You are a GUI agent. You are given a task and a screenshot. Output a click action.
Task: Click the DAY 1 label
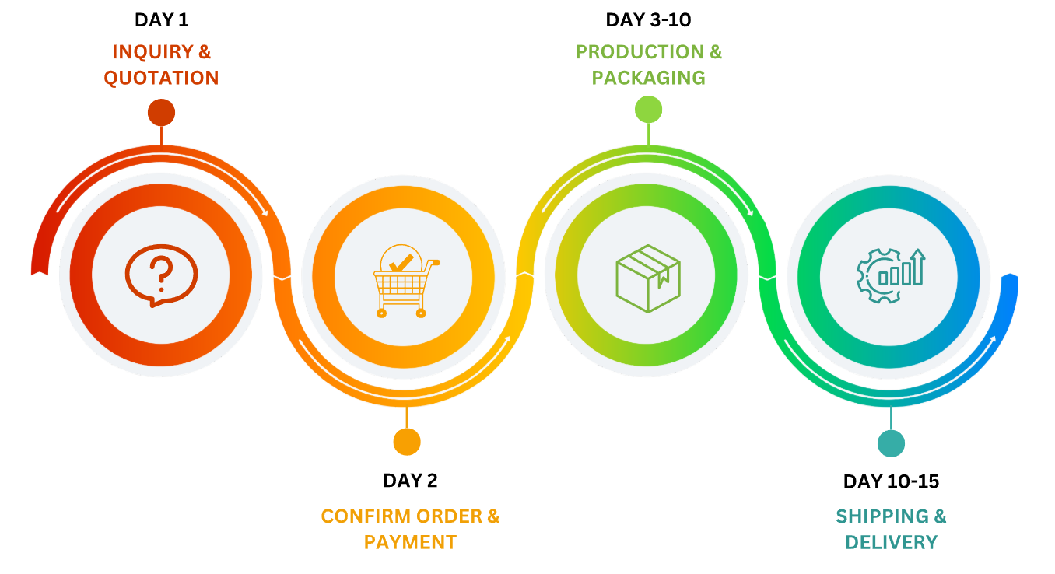click(161, 20)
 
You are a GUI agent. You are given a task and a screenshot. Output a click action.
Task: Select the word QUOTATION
click(161, 78)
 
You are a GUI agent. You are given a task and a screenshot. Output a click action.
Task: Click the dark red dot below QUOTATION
click(161, 113)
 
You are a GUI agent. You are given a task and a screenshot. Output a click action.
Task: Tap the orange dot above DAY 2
click(407, 442)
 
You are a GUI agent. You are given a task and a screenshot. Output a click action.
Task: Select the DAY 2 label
click(410, 481)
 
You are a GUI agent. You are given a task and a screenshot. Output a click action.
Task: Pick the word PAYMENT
click(410, 542)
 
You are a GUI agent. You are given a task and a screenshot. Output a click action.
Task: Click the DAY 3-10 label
click(648, 20)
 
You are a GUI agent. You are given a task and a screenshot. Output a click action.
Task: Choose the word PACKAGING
click(648, 78)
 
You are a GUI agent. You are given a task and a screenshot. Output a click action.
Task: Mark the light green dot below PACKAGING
click(648, 110)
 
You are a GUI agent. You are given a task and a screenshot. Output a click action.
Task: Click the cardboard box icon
click(648, 278)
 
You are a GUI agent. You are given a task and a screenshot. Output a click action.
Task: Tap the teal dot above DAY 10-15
click(891, 443)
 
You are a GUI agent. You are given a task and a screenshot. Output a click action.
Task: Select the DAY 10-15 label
click(891, 482)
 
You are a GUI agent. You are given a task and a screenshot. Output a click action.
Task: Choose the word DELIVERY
click(891, 542)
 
